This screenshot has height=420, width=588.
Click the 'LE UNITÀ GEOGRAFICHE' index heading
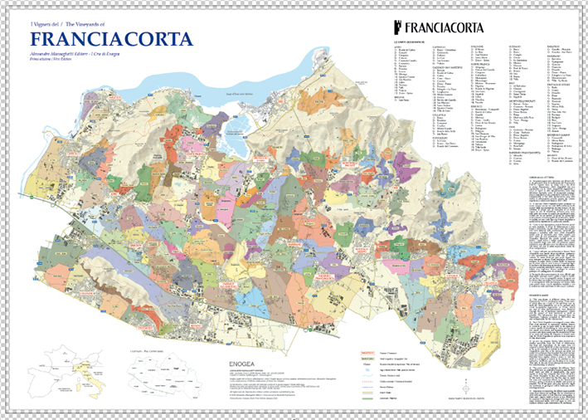pyautogui.click(x=410, y=41)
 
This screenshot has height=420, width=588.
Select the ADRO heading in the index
pyautogui.click(x=397, y=46)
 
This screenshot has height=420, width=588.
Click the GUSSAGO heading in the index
pyautogui.click(x=513, y=46)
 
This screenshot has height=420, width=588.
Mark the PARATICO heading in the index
pyautogui.click(x=554, y=46)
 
